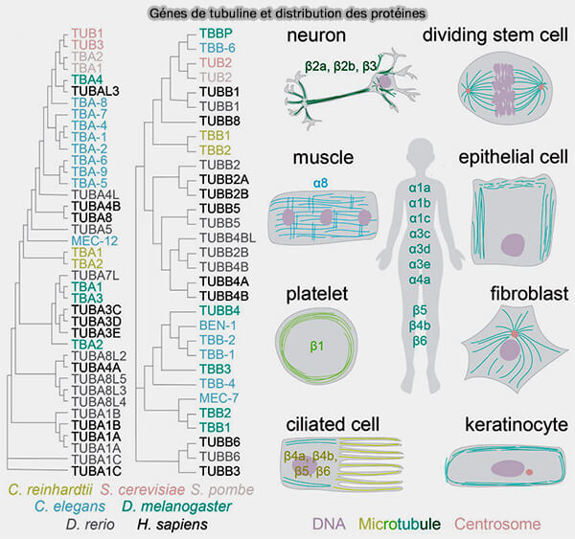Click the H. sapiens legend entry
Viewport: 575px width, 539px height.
[x=172, y=525]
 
